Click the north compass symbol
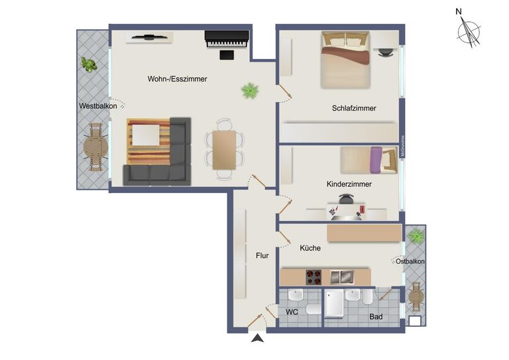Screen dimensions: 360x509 point(469,30)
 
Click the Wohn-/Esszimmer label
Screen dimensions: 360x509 point(177,79)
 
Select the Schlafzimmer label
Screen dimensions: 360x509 point(354,108)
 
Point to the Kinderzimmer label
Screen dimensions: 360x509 point(349,184)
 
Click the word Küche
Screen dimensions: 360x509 point(310,248)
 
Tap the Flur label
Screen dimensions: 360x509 point(262,255)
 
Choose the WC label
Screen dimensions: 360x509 point(292,311)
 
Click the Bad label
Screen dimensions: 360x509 point(376,317)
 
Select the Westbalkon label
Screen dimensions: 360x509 point(97,106)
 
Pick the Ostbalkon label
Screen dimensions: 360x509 point(410,262)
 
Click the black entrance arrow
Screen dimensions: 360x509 point(258,339)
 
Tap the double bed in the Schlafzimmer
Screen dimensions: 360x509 point(346,60)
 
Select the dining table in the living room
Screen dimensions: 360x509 point(224,150)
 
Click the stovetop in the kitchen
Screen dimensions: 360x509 point(313,276)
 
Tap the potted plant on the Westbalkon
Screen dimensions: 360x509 point(88,64)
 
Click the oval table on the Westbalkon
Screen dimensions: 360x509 point(93,149)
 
